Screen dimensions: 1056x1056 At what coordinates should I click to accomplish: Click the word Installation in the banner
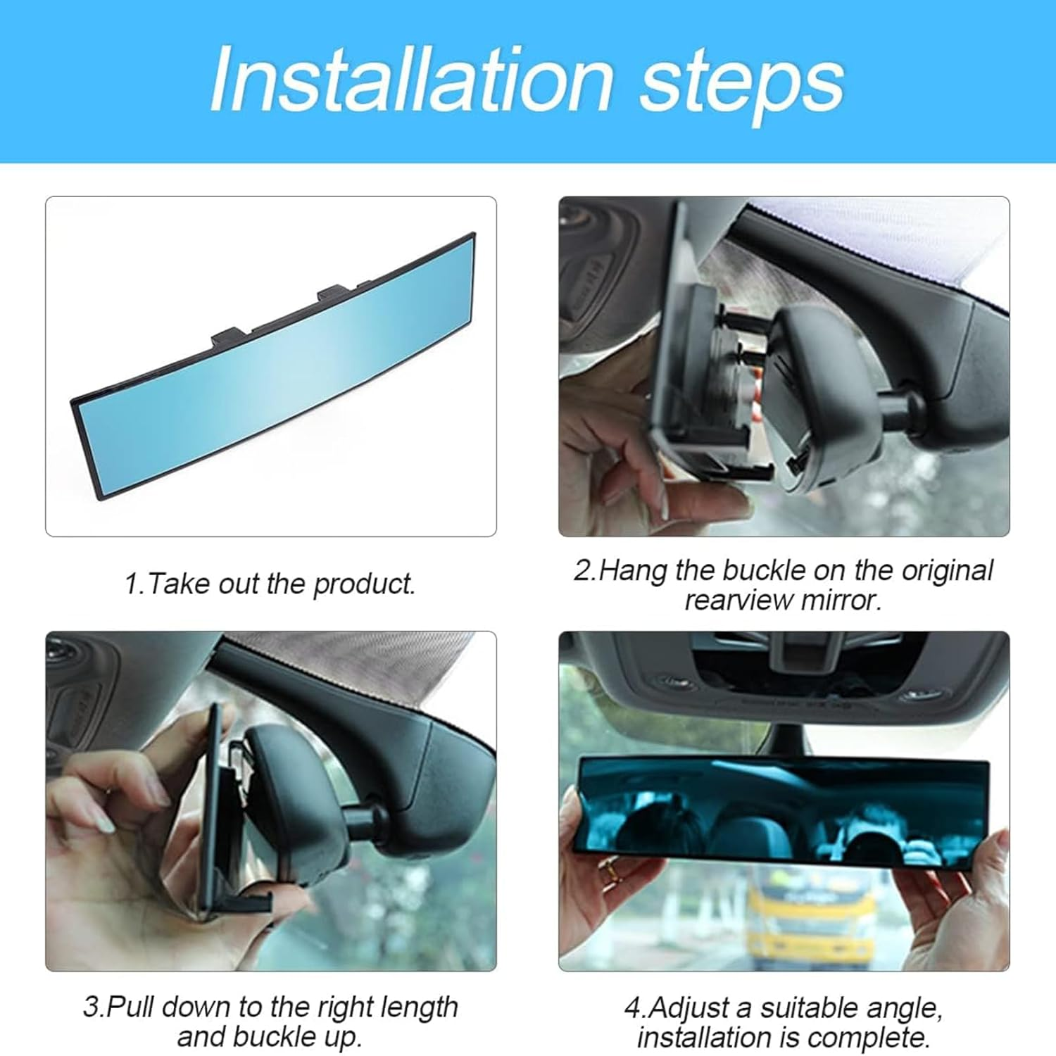pyautogui.click(x=412, y=79)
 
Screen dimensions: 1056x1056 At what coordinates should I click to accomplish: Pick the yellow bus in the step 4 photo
pyautogui.click(x=810, y=915)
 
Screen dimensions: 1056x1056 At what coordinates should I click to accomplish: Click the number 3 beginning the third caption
pyautogui.click(x=91, y=1007)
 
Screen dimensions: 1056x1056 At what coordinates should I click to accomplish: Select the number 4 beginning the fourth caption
pyautogui.click(x=632, y=1008)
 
